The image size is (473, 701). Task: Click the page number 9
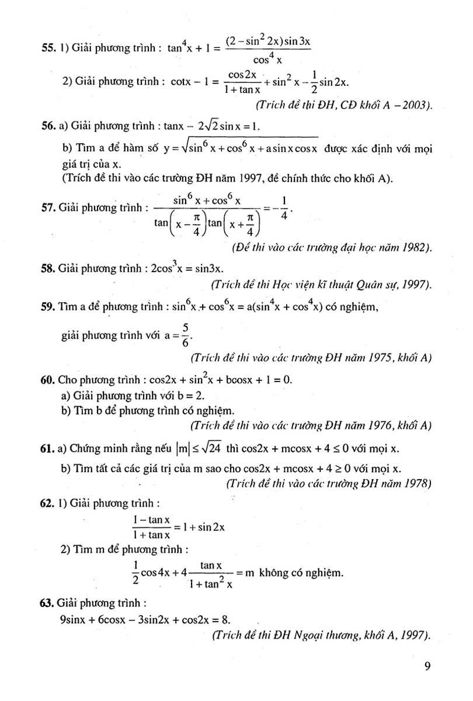pos(427,667)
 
